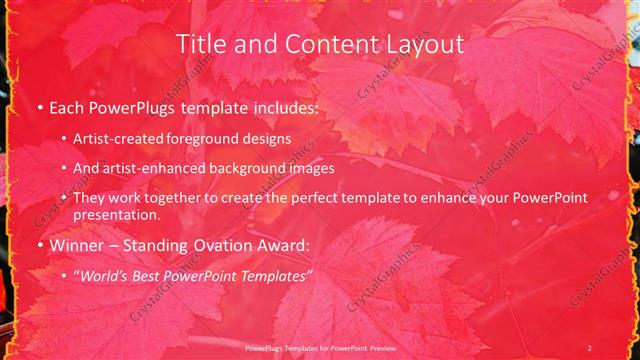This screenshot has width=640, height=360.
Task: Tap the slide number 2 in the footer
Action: click(590, 347)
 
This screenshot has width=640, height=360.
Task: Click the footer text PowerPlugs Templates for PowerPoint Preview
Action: click(319, 347)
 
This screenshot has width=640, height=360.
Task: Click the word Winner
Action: click(76, 244)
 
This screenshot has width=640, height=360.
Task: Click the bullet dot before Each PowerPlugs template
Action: click(39, 107)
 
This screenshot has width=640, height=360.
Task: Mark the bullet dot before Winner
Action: click(39, 244)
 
